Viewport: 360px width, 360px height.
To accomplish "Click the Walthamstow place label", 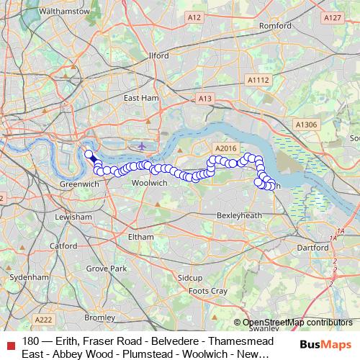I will (66, 12).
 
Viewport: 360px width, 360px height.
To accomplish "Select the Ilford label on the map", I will (158, 55).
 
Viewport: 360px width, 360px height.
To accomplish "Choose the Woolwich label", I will (150, 184).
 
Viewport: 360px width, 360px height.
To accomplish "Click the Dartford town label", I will (312, 247).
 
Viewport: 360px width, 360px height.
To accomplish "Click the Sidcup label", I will (191, 277).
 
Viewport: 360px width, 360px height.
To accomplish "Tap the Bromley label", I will (99, 317).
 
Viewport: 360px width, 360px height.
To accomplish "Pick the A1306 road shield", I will (305, 125).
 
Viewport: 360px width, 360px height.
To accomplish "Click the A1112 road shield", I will (258, 81).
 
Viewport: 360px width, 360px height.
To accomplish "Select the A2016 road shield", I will (225, 148).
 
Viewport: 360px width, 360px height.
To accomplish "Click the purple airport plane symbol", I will (142, 145).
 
